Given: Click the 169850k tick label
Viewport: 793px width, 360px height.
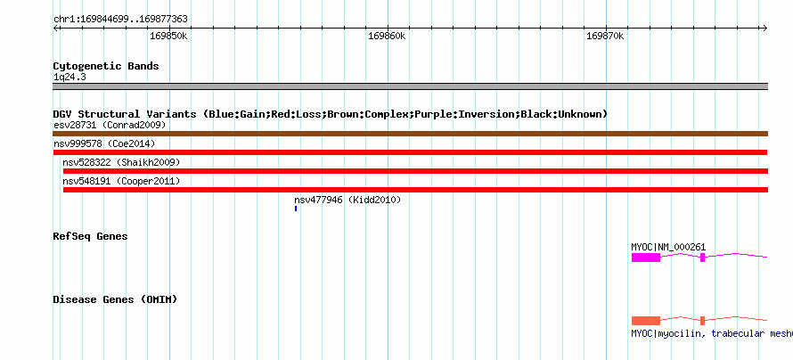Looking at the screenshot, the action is pos(169,37).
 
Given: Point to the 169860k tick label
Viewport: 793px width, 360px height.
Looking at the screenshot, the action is pos(387,37).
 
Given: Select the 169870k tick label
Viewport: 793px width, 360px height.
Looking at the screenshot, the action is pos(605,37).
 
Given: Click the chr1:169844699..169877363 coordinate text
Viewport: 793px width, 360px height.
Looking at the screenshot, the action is pos(120,20).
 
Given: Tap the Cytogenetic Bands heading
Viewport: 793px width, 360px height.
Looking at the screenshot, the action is pos(106,66).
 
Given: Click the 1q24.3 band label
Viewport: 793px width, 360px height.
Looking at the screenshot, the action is pos(69,78).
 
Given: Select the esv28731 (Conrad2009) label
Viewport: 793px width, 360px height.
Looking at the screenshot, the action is pos(110,125).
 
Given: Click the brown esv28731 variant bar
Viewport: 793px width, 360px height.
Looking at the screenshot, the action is pos(410,134).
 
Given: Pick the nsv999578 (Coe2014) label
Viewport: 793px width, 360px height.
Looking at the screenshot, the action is pos(104,144).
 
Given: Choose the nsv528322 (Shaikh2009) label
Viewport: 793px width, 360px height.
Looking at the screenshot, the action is pos(121,162).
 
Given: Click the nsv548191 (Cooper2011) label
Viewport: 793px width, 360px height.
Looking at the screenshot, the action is pos(121,181).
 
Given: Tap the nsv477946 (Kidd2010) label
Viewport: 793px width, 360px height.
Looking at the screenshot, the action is pos(347,200).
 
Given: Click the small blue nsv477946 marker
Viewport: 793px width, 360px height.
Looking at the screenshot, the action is pos(296,209).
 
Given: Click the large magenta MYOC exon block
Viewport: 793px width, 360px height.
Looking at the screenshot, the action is pos(646,258).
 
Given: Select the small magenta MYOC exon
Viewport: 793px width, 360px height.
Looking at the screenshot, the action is pos(702,258).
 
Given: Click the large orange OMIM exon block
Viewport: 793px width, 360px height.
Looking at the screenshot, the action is pos(646,321).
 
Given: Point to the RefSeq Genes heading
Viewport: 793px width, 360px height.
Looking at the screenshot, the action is pos(90,237).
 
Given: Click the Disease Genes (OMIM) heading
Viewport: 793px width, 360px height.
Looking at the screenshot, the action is pos(115,299).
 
